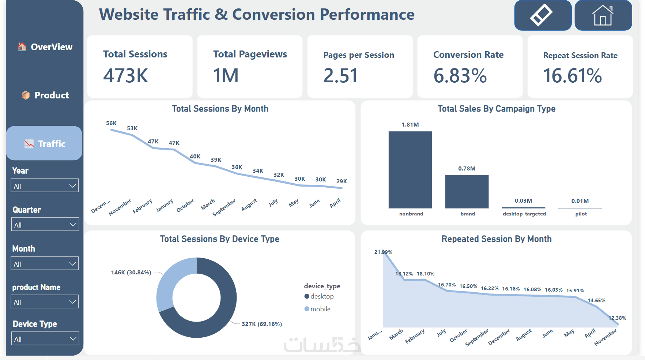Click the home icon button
point(603,15)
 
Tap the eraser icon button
point(542,15)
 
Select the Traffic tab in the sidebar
point(45,143)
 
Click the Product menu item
point(45,95)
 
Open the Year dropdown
point(45,185)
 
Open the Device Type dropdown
point(45,339)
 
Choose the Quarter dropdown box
point(45,225)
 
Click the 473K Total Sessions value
point(125,76)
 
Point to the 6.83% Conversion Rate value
point(460,76)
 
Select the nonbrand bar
point(410,170)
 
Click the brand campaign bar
point(467,192)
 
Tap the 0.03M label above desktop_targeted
point(523,201)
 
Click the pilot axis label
point(581,214)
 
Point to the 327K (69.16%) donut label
point(261,324)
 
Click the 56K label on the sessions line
point(111,123)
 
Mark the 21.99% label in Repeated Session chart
point(383,252)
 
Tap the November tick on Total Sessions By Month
point(120,207)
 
